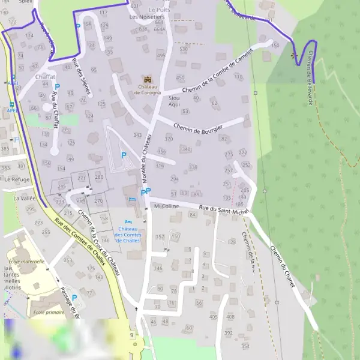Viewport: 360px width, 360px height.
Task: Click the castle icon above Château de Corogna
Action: [x=147, y=79]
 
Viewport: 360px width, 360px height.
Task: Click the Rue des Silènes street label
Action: [x=82, y=78]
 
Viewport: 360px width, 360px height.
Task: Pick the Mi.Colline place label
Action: [x=167, y=206]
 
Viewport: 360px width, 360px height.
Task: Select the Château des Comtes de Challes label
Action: [x=129, y=234]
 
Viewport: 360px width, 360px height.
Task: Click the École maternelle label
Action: [x=26, y=262]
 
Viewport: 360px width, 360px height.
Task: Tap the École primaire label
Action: [x=48, y=312]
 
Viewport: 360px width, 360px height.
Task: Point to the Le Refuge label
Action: [x=16, y=179]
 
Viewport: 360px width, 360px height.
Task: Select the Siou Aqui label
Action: [x=175, y=100]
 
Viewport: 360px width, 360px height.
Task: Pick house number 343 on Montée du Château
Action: [x=137, y=135]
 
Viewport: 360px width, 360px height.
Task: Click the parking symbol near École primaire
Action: [x=74, y=298]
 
